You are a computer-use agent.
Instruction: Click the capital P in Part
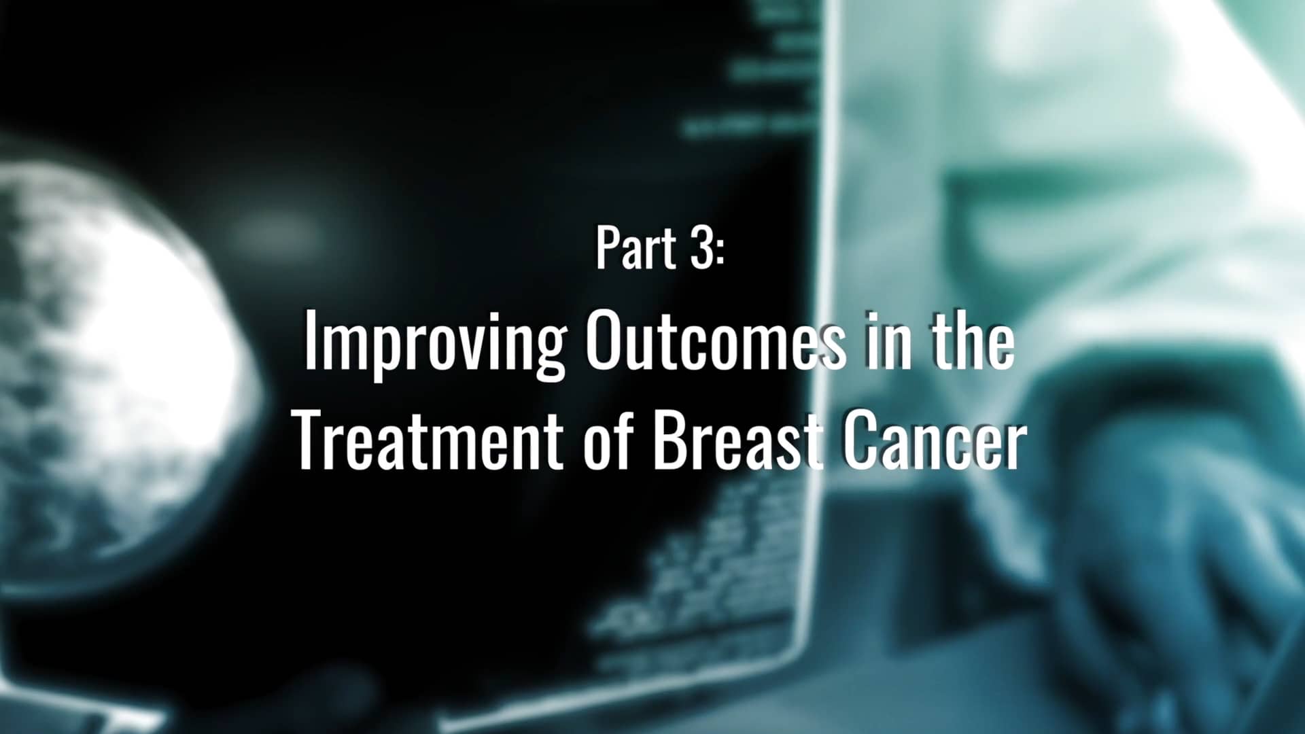click(608, 249)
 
